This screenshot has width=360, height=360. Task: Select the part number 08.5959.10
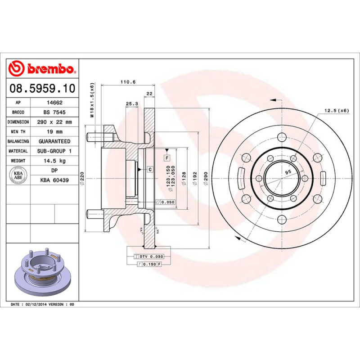(42, 88)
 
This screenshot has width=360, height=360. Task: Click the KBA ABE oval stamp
(18, 175)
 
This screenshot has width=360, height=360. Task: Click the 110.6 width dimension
(128, 82)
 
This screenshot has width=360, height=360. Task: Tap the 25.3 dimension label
(131, 104)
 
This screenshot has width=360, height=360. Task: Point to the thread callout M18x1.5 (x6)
(92, 100)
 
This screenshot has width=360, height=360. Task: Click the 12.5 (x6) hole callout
(337, 110)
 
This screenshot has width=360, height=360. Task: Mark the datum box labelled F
(166, 157)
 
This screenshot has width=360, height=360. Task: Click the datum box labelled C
(150, 169)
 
